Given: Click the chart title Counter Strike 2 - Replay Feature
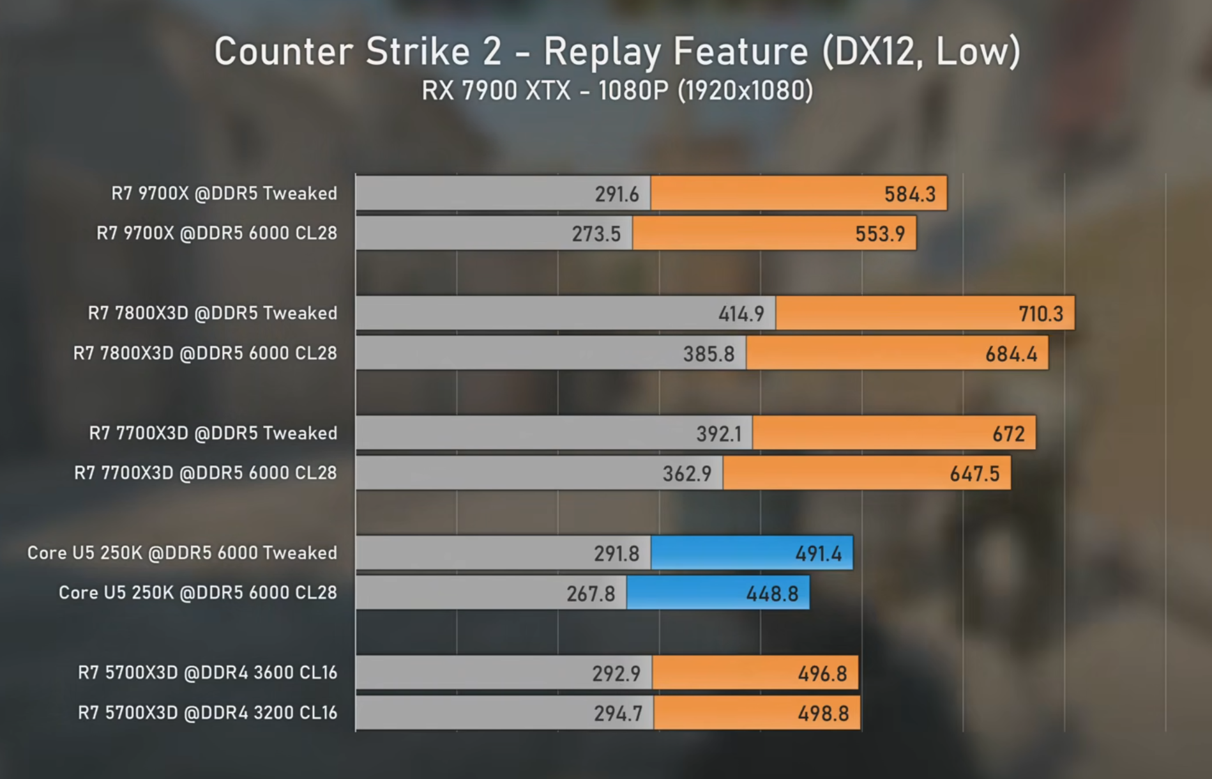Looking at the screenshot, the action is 510,51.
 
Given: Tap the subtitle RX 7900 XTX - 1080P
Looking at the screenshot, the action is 545,91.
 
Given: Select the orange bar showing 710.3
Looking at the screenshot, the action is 925,313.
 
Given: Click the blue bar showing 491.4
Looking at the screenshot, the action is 752,553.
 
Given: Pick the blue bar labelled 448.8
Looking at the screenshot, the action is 718,593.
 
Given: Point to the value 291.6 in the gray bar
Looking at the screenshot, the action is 617,194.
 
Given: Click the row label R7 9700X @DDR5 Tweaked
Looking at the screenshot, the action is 224,193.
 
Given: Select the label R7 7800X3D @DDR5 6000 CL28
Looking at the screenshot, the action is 205,353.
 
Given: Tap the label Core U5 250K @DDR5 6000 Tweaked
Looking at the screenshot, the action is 182,553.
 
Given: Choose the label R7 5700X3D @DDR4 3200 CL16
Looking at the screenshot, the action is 208,713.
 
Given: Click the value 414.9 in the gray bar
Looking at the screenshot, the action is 741,314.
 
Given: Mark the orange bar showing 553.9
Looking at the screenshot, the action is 774,233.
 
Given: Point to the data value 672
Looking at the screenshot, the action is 1008,434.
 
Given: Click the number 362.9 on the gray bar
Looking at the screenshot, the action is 687,474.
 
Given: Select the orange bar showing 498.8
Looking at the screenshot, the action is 757,713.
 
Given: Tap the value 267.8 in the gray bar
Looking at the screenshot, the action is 591,594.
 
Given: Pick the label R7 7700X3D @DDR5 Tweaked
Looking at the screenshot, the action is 213,433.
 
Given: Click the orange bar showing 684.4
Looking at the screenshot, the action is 897,353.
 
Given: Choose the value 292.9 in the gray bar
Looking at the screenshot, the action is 616,674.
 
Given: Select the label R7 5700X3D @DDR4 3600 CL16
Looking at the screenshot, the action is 208,672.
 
